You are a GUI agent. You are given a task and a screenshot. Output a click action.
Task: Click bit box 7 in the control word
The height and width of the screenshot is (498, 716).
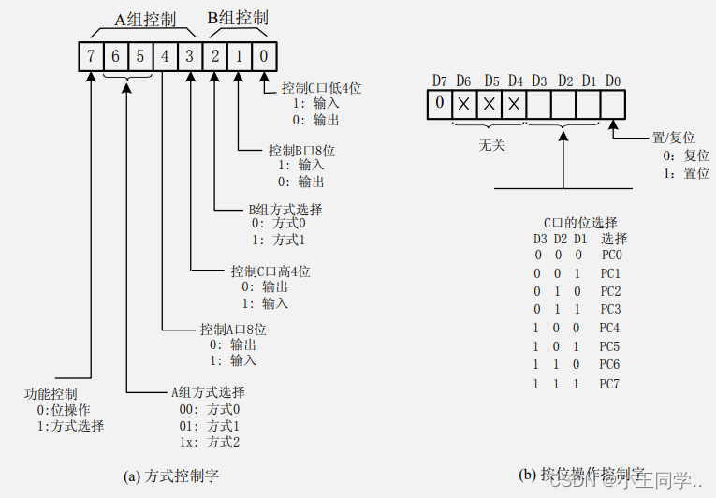pyautogui.click(x=91, y=56)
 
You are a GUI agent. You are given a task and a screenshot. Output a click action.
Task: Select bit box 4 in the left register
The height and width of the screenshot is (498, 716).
pyautogui.click(x=165, y=56)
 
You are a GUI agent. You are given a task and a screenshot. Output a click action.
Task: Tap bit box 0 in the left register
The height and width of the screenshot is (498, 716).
pyautogui.click(x=264, y=56)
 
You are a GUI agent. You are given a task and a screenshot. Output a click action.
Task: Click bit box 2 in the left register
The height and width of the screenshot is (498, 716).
pyautogui.click(x=214, y=56)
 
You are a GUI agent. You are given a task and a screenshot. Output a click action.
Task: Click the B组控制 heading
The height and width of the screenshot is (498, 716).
pyautogui.click(x=237, y=18)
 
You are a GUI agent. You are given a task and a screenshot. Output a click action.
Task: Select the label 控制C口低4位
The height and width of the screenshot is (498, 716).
pyautogui.click(x=321, y=88)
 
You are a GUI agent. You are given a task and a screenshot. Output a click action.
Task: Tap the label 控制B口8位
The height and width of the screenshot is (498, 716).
pyautogui.click(x=302, y=150)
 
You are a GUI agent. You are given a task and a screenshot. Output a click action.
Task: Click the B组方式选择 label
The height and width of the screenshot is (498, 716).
pyautogui.click(x=285, y=210)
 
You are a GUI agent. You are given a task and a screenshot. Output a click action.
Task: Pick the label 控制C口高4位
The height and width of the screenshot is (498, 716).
pyautogui.click(x=270, y=271)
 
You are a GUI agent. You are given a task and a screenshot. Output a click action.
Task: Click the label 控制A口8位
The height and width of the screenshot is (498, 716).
pyautogui.click(x=233, y=330)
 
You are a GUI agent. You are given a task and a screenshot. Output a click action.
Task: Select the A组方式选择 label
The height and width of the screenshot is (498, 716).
pyautogui.click(x=207, y=392)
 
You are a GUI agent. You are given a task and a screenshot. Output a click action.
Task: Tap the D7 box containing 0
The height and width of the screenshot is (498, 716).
pyautogui.click(x=440, y=104)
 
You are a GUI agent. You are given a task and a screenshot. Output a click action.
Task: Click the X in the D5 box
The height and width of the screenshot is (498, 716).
pyautogui.click(x=489, y=104)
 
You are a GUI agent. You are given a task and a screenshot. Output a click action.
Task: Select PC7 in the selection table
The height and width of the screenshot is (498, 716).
pyautogui.click(x=610, y=384)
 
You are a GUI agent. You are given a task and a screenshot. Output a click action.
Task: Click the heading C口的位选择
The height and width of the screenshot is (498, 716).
pyautogui.click(x=581, y=222)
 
